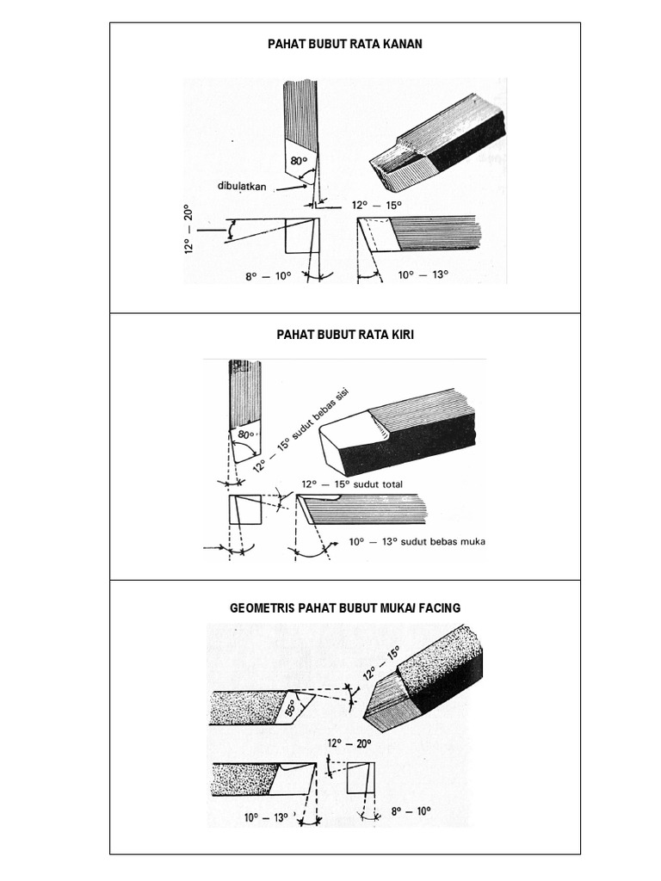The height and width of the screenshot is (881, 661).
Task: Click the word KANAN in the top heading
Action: [x=400, y=44]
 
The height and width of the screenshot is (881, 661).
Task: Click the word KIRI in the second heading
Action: [x=400, y=335]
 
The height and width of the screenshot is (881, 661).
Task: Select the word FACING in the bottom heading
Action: [x=439, y=607]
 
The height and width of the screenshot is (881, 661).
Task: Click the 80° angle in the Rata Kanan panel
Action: [x=299, y=161]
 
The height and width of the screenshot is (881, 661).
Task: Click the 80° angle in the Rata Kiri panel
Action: [x=246, y=434]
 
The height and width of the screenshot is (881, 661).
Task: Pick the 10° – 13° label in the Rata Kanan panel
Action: [x=423, y=275]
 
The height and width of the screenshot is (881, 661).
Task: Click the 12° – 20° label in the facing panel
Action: [x=349, y=743]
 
